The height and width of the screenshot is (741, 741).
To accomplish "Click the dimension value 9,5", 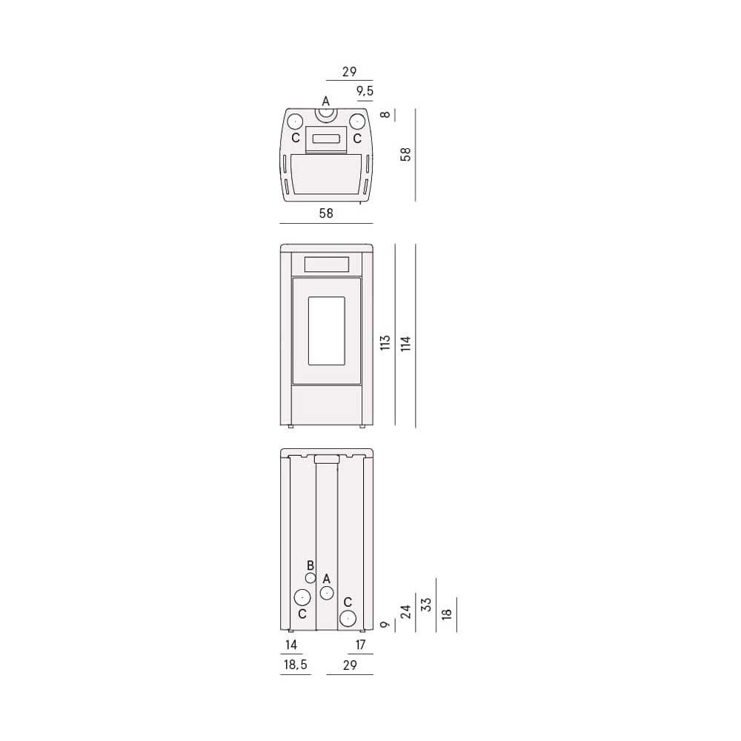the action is (365, 90).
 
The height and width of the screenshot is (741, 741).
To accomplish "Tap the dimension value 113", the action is (385, 342).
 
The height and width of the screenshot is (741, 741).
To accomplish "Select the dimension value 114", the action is (405, 343).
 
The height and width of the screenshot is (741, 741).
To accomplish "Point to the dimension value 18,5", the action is (296, 665).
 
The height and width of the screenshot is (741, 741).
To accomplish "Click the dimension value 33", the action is (426, 605).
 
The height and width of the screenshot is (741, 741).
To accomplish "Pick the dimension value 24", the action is (405, 611).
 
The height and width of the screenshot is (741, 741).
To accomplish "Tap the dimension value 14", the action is (291, 645).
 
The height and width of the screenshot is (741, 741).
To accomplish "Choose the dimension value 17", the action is (360, 645).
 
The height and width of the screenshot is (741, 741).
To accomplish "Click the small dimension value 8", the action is (385, 114).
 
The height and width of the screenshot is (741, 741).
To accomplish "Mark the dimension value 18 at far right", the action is (447, 614).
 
